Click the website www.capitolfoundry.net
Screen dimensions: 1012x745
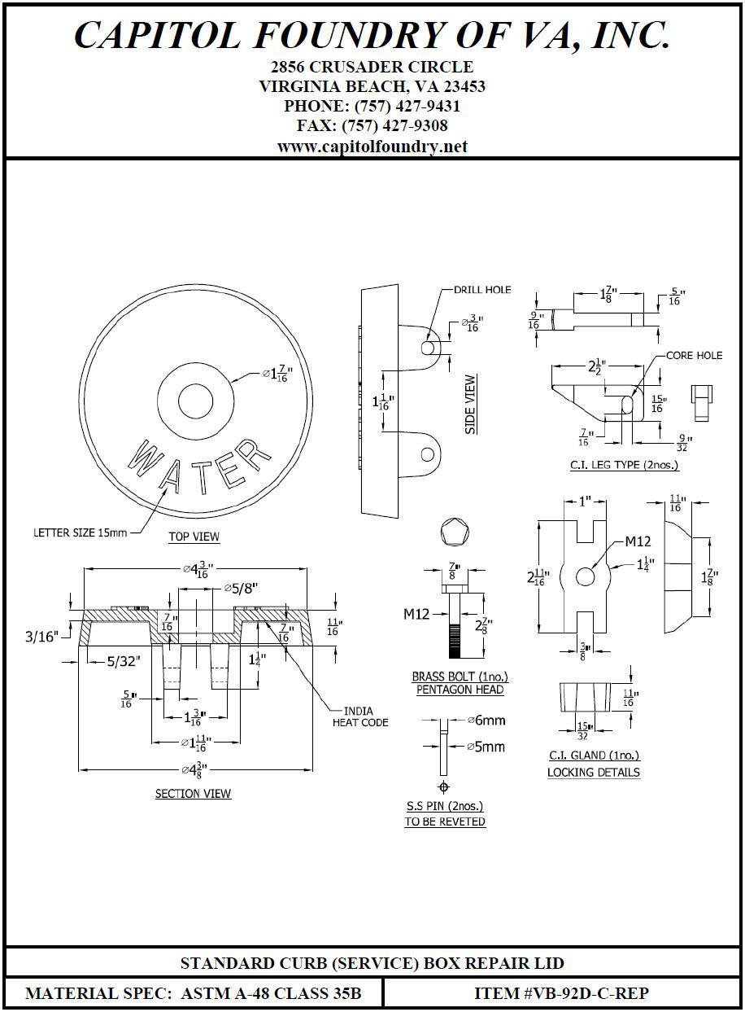click(x=372, y=147)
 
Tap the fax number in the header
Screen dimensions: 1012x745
click(x=372, y=126)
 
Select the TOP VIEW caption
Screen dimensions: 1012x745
click(x=194, y=537)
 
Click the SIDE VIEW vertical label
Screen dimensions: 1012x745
click(x=471, y=404)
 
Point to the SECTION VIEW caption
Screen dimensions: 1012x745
click(x=193, y=794)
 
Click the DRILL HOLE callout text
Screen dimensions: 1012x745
click(x=483, y=290)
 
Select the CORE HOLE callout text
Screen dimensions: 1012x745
click(x=694, y=356)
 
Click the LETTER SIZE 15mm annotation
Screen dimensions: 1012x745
click(x=80, y=533)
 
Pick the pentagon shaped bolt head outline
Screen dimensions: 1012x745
click(x=454, y=534)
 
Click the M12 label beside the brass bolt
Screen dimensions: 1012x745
click(x=416, y=614)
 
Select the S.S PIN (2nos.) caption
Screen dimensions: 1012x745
click(x=445, y=806)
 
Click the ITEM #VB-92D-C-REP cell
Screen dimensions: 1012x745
click(x=561, y=993)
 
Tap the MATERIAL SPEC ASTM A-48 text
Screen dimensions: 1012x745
click(x=193, y=993)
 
